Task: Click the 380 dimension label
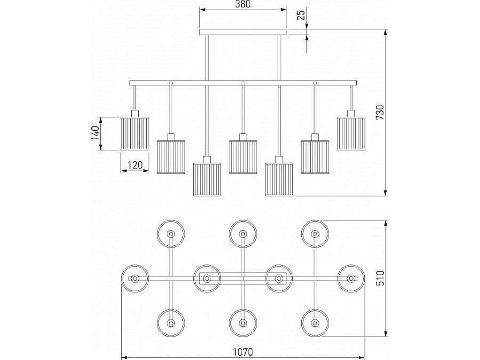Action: point(243,4)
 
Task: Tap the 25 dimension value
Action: point(301,15)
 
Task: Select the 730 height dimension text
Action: point(380,113)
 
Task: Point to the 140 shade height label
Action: point(95,133)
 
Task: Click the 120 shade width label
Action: point(135,165)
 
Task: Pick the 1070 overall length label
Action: point(243,352)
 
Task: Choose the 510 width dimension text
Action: point(380,278)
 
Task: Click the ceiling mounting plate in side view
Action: point(243,32)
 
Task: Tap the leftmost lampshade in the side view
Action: point(135,133)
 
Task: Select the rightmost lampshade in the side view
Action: point(351,133)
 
